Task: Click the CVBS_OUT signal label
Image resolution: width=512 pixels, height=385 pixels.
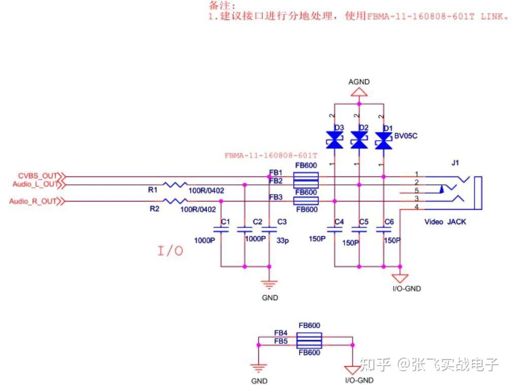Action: tap(38, 176)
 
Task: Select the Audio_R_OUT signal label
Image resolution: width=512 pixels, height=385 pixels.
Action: tap(33, 201)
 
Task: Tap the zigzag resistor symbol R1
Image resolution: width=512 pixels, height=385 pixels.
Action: tap(175, 184)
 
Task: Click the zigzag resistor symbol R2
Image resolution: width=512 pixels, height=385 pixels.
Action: tap(175, 201)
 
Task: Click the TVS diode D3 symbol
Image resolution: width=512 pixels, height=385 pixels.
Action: tap(334, 140)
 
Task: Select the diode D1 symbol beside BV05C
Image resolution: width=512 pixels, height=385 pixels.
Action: tap(384, 140)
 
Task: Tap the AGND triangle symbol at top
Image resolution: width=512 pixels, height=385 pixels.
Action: tap(359, 92)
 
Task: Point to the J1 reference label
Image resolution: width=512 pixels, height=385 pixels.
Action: tap(455, 163)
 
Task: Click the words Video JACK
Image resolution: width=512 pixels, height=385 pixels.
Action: tap(445, 222)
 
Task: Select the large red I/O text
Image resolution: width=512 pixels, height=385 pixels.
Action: tap(170, 250)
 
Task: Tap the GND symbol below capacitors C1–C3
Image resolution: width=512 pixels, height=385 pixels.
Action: tap(269, 285)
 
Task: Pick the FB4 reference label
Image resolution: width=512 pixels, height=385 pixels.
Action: tap(281, 333)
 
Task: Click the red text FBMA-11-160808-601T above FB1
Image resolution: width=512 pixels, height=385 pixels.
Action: tap(271, 155)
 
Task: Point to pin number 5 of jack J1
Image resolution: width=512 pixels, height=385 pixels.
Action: tap(416, 191)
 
